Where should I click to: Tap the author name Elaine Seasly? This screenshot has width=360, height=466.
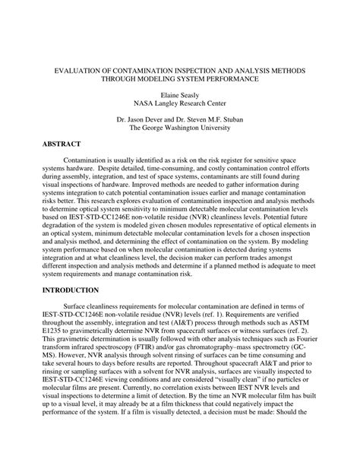pyautogui.click(x=178, y=97)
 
